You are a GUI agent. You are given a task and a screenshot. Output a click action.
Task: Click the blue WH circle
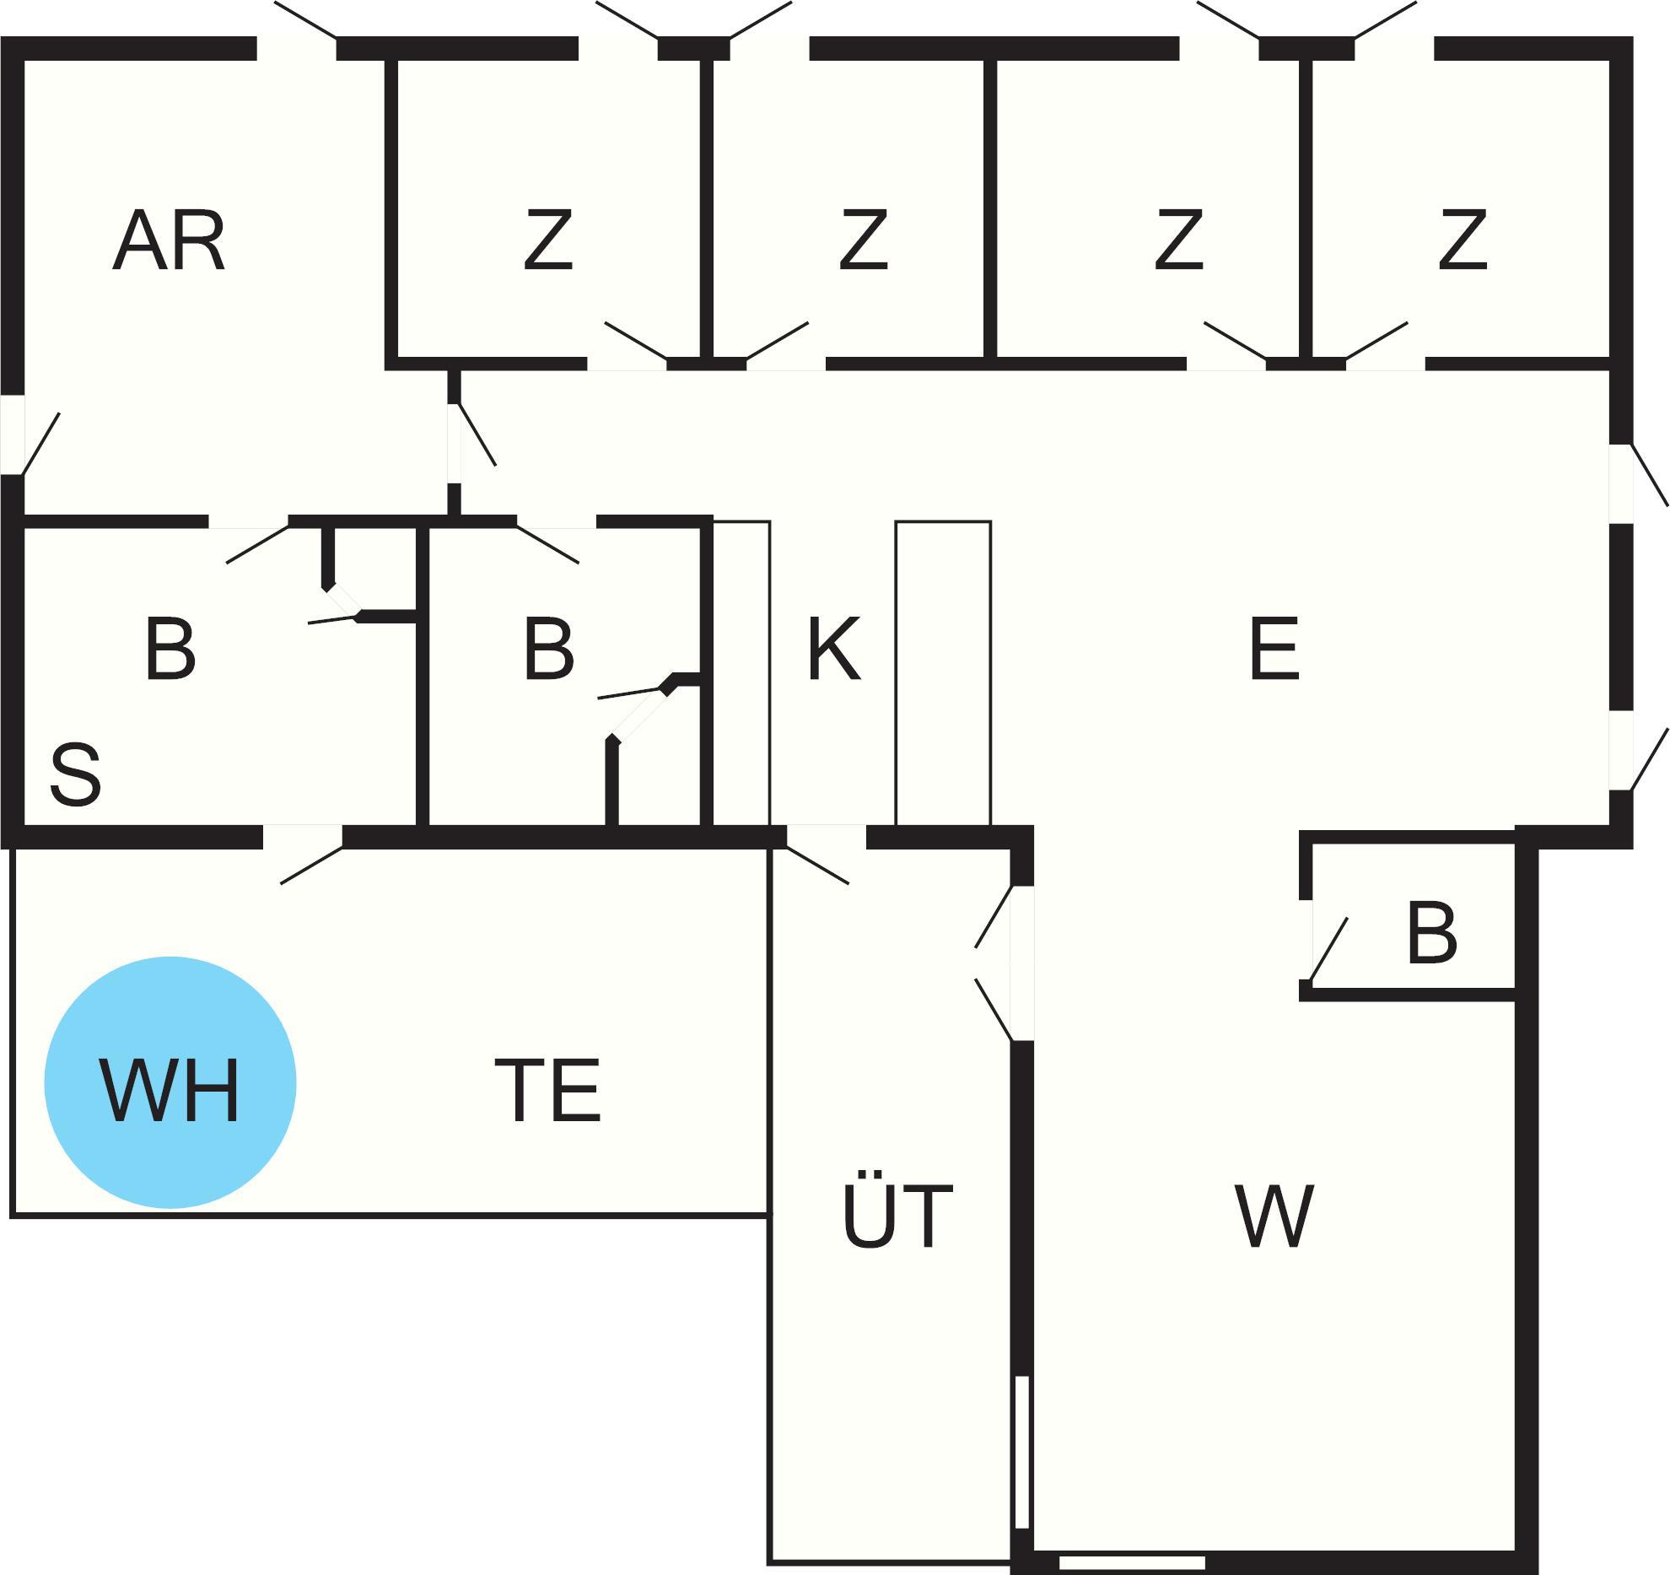(x=170, y=1082)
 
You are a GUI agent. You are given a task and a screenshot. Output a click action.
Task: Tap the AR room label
(x=170, y=242)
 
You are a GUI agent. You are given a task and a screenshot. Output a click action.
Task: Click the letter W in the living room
(x=1274, y=1216)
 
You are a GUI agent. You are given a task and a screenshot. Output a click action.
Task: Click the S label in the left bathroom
(x=76, y=774)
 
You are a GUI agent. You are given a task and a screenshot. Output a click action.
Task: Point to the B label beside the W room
(x=1432, y=934)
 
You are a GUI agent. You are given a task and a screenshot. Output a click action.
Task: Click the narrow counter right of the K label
(x=943, y=673)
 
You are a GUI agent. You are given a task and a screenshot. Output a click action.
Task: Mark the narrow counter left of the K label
(x=741, y=673)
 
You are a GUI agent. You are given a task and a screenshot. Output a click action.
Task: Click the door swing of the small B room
(x=1328, y=949)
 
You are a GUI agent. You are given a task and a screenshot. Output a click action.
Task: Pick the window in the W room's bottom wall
(x=1132, y=1563)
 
